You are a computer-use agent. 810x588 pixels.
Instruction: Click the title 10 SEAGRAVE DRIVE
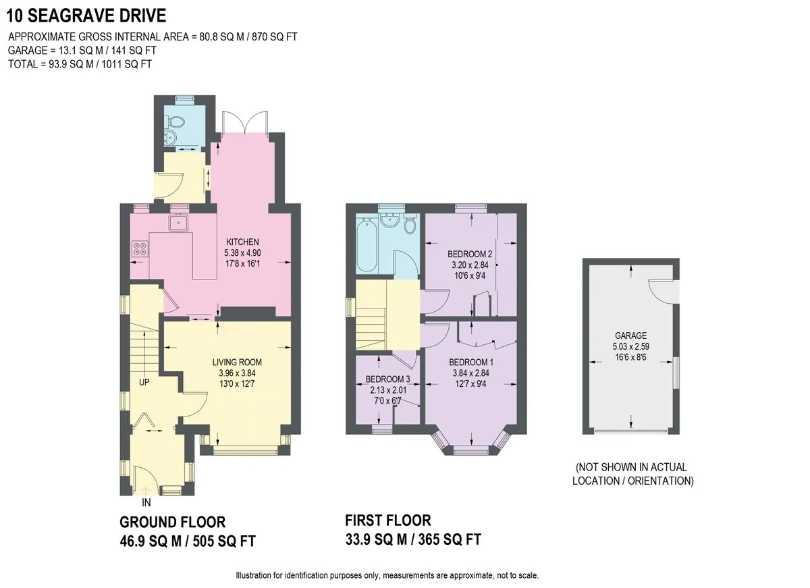87,15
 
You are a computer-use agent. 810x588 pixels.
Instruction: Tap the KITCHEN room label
242,242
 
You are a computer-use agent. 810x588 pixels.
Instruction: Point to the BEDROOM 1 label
470,362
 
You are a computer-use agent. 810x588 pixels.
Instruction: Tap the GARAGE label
630,336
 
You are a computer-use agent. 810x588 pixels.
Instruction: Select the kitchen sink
180,222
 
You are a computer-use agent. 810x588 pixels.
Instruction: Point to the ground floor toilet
178,122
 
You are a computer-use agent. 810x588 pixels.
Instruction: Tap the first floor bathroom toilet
409,225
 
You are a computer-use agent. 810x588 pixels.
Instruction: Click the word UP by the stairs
144,382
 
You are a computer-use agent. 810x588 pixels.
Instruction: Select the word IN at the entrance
146,503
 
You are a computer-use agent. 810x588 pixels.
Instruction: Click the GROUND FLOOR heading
172,522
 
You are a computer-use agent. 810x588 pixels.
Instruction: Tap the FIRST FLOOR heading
387,520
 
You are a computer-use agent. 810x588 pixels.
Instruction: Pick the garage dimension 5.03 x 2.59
630,347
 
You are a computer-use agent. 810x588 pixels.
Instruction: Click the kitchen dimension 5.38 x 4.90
242,252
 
